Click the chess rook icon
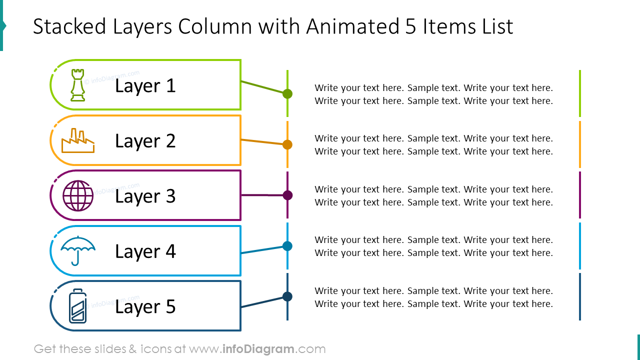pos(77,85)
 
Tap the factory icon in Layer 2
pos(78,140)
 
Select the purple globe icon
pos(78,195)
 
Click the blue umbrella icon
pos(78,251)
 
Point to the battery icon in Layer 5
pos(77,306)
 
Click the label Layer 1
pos(145,85)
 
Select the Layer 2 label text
pos(145,141)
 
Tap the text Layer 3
pos(145,196)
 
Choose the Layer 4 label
pos(145,251)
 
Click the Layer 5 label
pos(145,307)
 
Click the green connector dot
pos(287,93)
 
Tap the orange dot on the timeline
pos(287,144)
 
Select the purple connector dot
pos(287,195)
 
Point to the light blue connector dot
pos(287,246)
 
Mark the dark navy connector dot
pos(287,296)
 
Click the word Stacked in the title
pos(69,26)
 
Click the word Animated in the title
pos(353,26)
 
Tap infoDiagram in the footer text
pos(258,349)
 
